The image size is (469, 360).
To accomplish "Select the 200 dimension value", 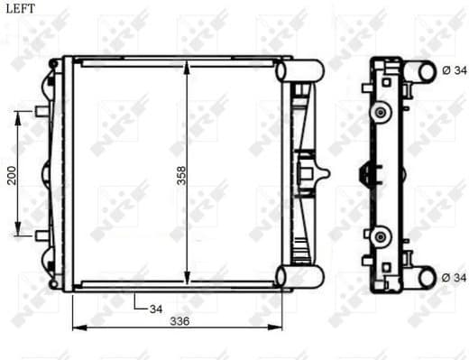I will pos(12,174).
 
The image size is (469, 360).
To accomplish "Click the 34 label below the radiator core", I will pos(156,308).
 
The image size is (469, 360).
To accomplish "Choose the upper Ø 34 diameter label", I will pos(455,70).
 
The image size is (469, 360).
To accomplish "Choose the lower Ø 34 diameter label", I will pos(455,278).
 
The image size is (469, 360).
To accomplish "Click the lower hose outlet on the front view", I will pos(299,276).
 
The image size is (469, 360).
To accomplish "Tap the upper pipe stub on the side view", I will pos(419,70).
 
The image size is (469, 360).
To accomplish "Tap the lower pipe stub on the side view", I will pos(419,277).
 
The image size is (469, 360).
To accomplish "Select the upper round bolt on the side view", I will pos(381,112).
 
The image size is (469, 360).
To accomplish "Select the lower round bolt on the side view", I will pos(381,237).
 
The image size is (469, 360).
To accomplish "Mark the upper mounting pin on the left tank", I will pos(41,112).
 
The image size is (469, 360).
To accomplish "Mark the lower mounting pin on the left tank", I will pos(41,235).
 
